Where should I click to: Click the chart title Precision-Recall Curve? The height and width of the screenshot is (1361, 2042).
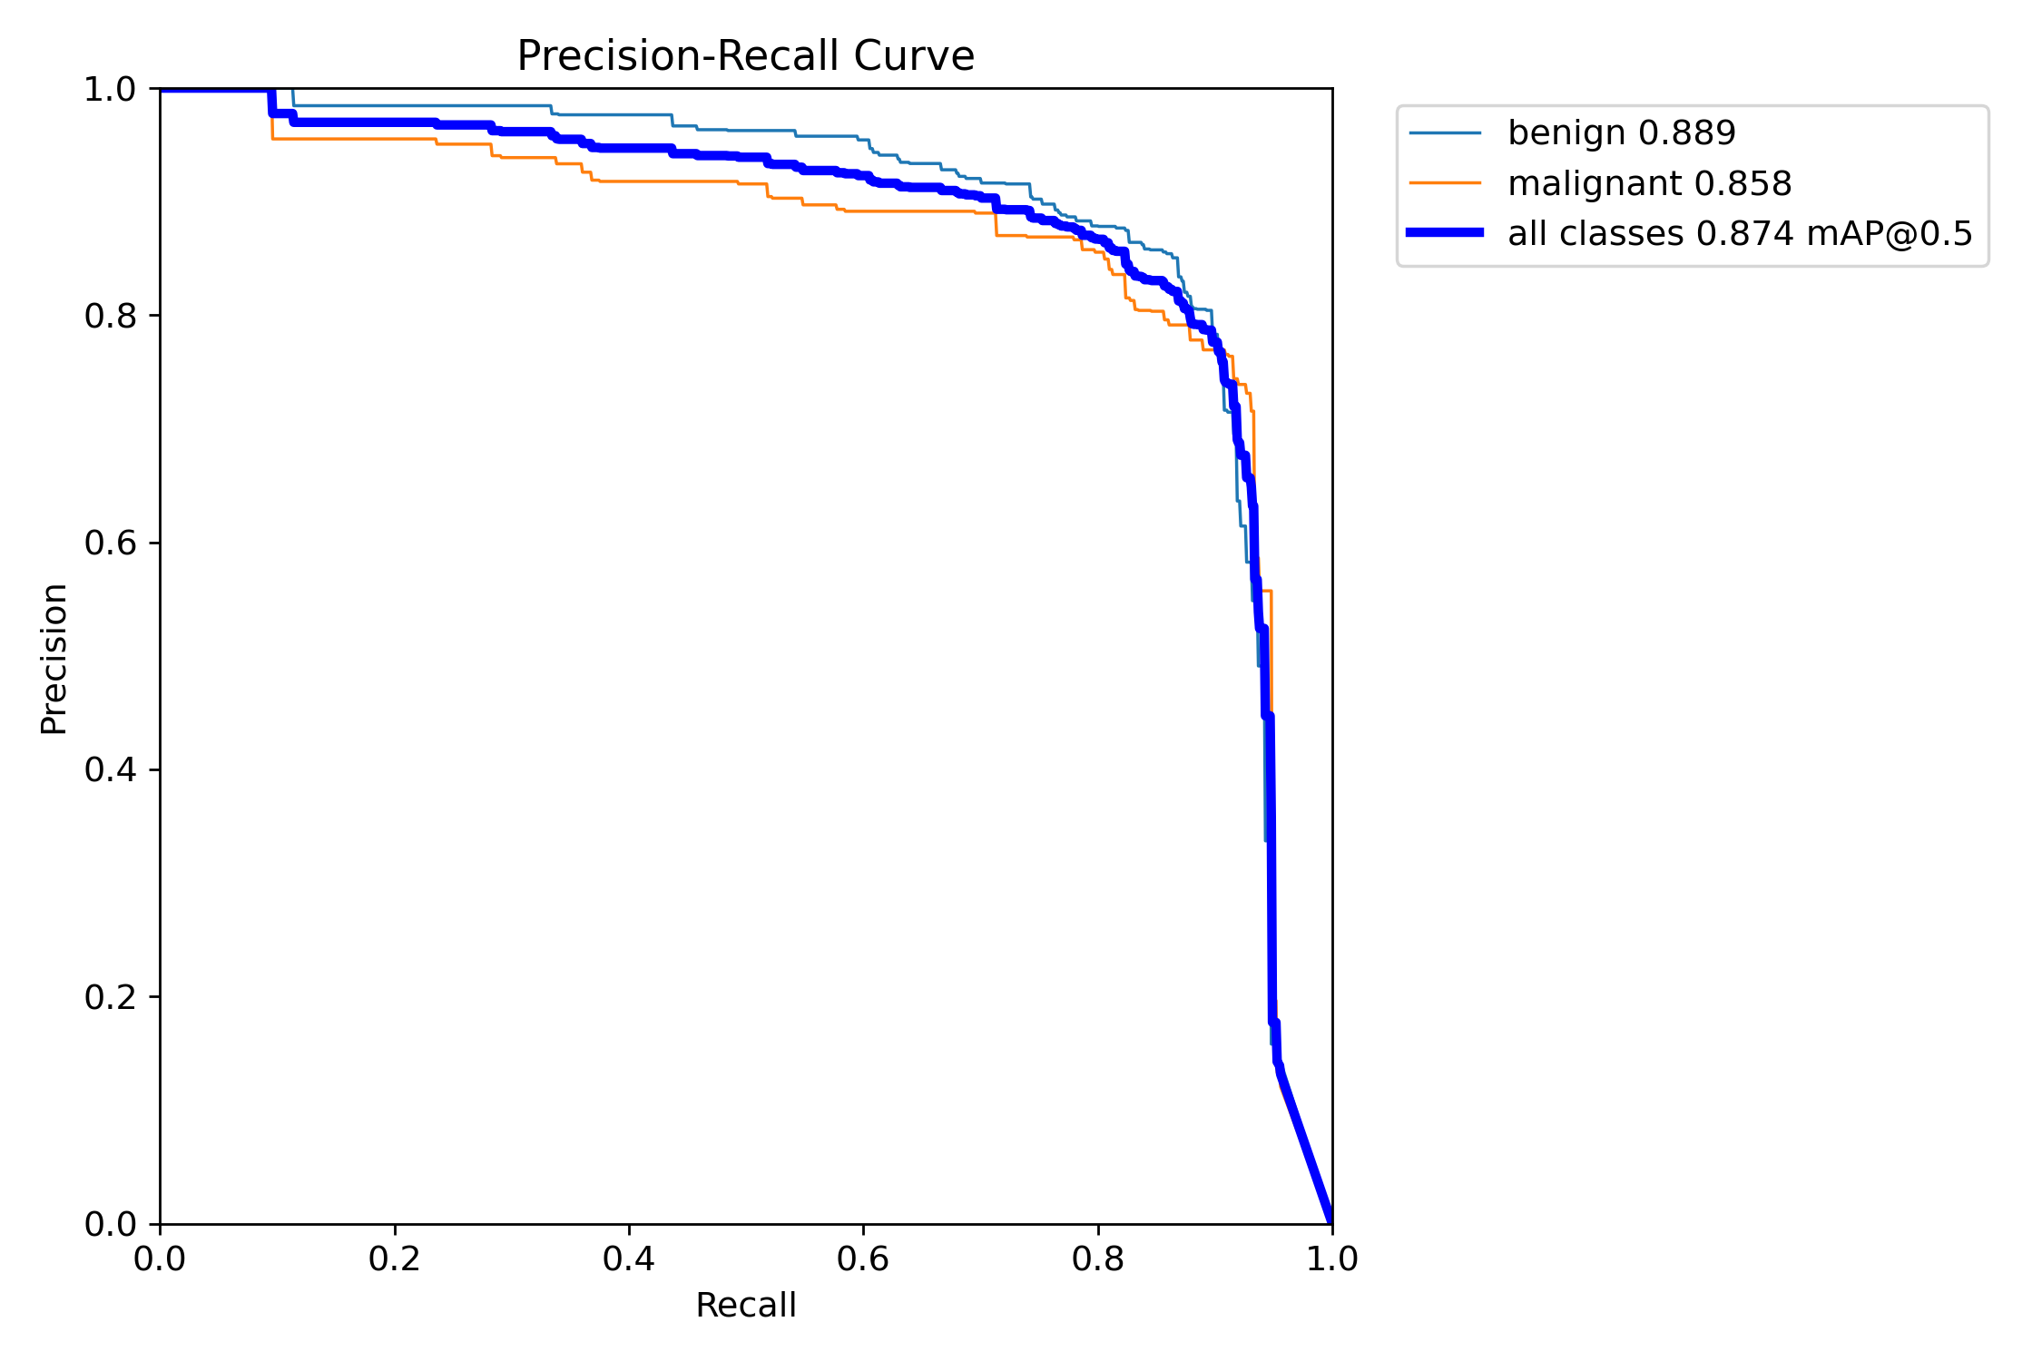[x=745, y=56]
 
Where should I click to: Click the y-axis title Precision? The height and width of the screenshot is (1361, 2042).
[x=54, y=659]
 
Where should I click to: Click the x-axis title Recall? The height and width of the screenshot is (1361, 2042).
[x=745, y=1306]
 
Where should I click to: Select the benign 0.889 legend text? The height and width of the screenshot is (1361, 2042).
[x=1621, y=133]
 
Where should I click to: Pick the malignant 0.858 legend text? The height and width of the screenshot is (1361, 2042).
[x=1649, y=184]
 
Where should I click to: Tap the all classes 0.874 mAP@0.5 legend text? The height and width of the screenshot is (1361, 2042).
[x=1740, y=234]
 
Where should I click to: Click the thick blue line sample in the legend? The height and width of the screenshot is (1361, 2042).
[x=1445, y=233]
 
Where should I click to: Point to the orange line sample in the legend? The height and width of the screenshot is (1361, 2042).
[x=1445, y=183]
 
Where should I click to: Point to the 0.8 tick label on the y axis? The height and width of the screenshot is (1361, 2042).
[x=109, y=316]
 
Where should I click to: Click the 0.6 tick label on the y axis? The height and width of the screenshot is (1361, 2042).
[x=109, y=543]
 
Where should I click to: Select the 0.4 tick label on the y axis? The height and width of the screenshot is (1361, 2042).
[x=109, y=769]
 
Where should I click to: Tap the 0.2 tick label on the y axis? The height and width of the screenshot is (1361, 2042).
[x=109, y=997]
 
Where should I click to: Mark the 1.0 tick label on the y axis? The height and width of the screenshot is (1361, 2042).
[x=109, y=90]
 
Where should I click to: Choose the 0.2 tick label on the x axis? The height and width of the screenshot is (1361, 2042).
[x=395, y=1259]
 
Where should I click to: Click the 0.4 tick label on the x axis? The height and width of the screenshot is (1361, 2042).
[x=629, y=1259]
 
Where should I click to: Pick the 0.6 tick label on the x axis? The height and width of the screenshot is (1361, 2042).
[x=863, y=1259]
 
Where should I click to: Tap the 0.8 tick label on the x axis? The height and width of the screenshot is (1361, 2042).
[x=1098, y=1259]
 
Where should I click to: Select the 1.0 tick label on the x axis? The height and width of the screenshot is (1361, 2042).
[x=1331, y=1259]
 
